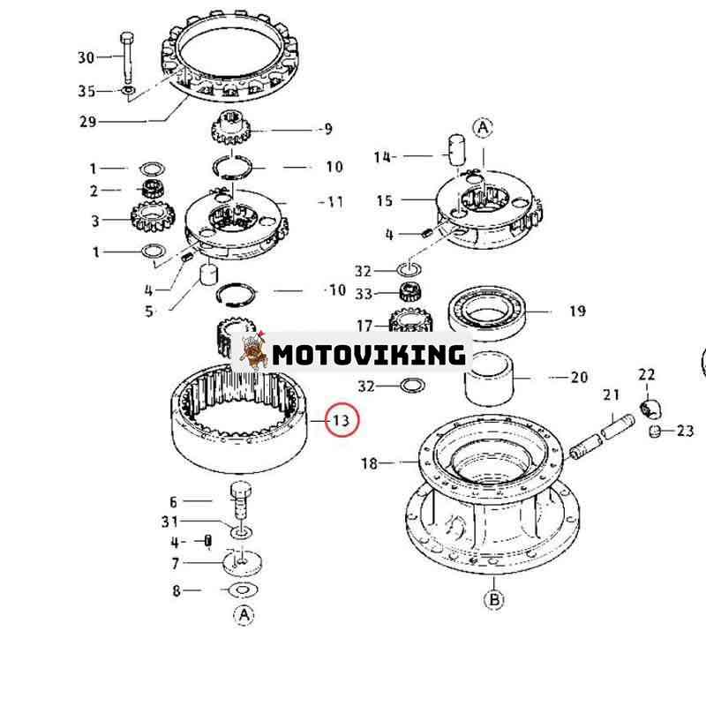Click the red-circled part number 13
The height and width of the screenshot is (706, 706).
point(341,421)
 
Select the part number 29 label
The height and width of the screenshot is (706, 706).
point(87,122)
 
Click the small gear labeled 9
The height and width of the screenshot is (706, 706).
point(231,128)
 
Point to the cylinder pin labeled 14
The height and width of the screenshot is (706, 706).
point(457,151)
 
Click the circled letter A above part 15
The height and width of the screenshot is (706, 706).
point(483,128)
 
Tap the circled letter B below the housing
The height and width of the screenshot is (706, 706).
point(494,600)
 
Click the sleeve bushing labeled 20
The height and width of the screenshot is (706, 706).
point(489,379)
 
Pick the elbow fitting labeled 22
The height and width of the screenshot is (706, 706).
point(650,408)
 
